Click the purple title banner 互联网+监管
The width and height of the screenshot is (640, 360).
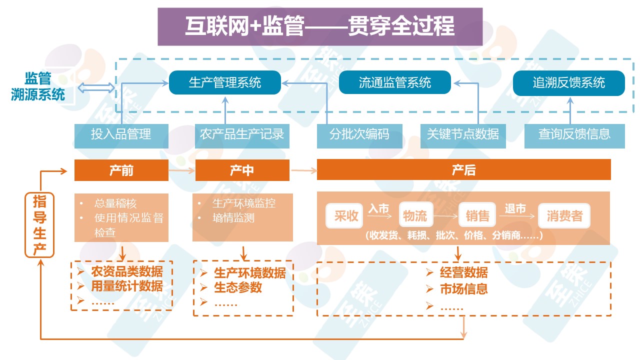pos(320,26)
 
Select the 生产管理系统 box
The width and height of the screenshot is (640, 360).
pos(224,82)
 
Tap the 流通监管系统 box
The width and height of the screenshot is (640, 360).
pos(394,82)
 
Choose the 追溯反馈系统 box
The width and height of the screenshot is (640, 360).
pos(568,82)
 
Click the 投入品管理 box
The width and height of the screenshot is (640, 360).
pos(121,134)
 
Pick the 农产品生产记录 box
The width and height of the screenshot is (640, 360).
pos(242,134)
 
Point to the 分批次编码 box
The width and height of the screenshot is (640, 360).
pos(359,134)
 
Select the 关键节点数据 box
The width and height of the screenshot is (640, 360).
pos(463,134)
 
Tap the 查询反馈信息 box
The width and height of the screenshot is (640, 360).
pos(574,134)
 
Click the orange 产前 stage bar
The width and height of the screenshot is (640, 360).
pos(121,170)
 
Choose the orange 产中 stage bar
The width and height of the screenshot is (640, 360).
pos(242,170)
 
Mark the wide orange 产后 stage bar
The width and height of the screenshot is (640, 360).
pos(463,170)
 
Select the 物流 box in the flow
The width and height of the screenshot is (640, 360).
pos(415,216)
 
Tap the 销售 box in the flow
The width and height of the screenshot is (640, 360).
pos(477,216)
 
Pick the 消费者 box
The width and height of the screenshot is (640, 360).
pos(564,216)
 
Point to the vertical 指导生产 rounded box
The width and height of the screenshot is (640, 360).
pos(39,226)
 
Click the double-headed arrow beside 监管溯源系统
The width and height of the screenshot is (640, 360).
pos(96,88)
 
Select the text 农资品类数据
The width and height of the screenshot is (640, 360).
pos(126,272)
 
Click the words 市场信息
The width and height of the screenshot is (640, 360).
pos(463,289)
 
